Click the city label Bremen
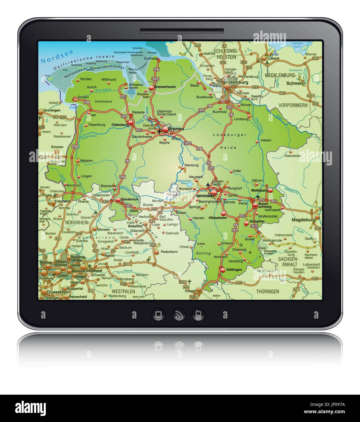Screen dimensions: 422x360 pyautogui.click(x=176, y=129)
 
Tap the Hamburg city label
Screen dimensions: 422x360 pyautogui.click(x=239, y=82)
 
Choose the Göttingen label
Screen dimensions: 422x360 pyautogui.click(x=234, y=270)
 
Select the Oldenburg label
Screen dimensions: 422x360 pyautogui.click(x=120, y=124)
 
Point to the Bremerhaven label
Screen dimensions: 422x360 pyautogui.click(x=165, y=87)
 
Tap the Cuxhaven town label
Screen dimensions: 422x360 pyautogui.click(x=151, y=58)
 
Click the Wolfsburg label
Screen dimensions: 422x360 pyautogui.click(x=259, y=190)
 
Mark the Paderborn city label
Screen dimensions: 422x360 pyautogui.click(x=169, y=252)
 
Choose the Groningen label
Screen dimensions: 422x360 pyautogui.click(x=52, y=111)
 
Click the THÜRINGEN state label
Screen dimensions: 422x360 pyautogui.click(x=267, y=291)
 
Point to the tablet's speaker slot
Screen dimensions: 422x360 pyautogui.click(x=182, y=31)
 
